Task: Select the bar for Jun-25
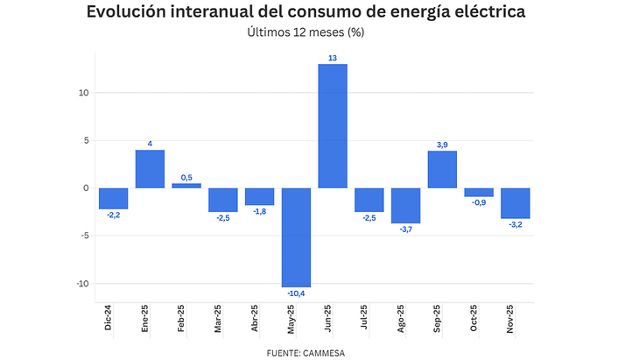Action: pyautogui.click(x=333, y=126)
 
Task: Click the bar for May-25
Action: pyautogui.click(x=296, y=237)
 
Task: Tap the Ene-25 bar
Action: pyautogui.click(x=150, y=169)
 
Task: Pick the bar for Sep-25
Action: pyautogui.click(x=442, y=170)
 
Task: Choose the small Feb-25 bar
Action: pyautogui.click(x=186, y=186)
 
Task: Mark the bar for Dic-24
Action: pyautogui.click(x=113, y=199)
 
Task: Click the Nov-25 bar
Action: pyautogui.click(x=516, y=203)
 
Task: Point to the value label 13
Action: pyautogui.click(x=333, y=58)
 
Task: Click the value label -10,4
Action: pyautogui.click(x=296, y=293)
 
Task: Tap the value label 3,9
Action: pyautogui.click(x=442, y=145)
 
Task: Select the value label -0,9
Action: pyautogui.click(x=479, y=203)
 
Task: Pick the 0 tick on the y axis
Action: pyautogui.click(x=85, y=188)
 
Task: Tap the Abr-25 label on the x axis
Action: pyautogui.click(x=256, y=320)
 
